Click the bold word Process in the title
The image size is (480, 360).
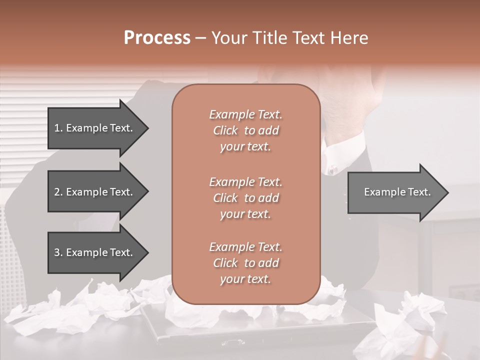tap(157, 38)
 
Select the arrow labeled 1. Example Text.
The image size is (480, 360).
tap(95, 128)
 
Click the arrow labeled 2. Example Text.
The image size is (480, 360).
tap(95, 192)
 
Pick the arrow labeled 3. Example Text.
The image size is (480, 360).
tap(95, 252)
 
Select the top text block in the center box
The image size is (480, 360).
tap(245, 130)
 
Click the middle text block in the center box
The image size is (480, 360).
tap(245, 198)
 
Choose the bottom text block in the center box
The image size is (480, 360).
tap(245, 263)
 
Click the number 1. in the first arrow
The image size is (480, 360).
tap(58, 128)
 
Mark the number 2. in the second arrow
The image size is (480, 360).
tap(58, 192)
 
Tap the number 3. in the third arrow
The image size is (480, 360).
tap(58, 252)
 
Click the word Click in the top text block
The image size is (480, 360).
tap(225, 131)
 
